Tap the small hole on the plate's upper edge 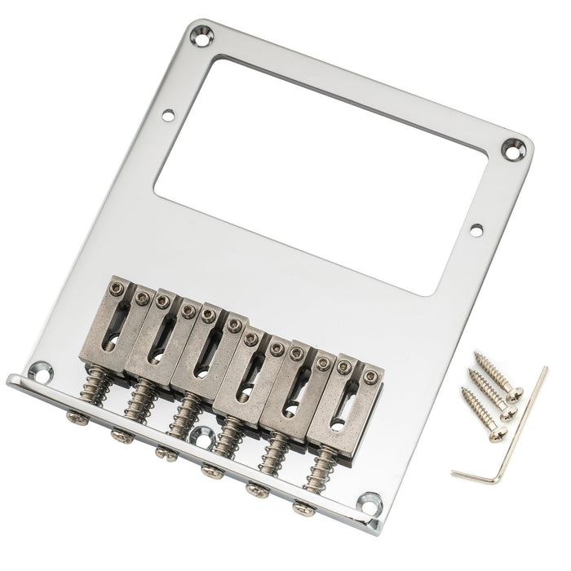pyautogui.click(x=170, y=115)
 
